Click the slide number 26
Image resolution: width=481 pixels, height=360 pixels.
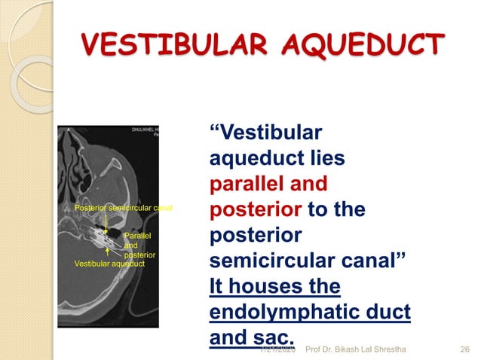click(x=465, y=348)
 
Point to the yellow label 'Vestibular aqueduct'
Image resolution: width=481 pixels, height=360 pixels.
click(x=109, y=264)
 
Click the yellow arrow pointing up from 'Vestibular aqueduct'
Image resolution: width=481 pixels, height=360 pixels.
click(x=109, y=251)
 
